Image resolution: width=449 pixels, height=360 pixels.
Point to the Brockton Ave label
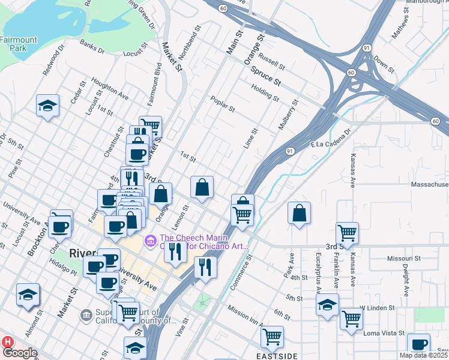click(x=37, y=239)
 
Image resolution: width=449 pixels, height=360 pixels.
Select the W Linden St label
click(x=376, y=307)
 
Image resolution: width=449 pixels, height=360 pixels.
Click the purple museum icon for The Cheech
click(x=150, y=241)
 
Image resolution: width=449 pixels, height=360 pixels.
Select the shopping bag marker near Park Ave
click(x=299, y=214)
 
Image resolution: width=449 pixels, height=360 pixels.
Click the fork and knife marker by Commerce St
click(x=206, y=266)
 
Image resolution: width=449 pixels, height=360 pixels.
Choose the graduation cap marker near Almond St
click(x=28, y=295)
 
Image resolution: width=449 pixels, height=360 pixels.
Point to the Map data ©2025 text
click(x=423, y=355)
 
